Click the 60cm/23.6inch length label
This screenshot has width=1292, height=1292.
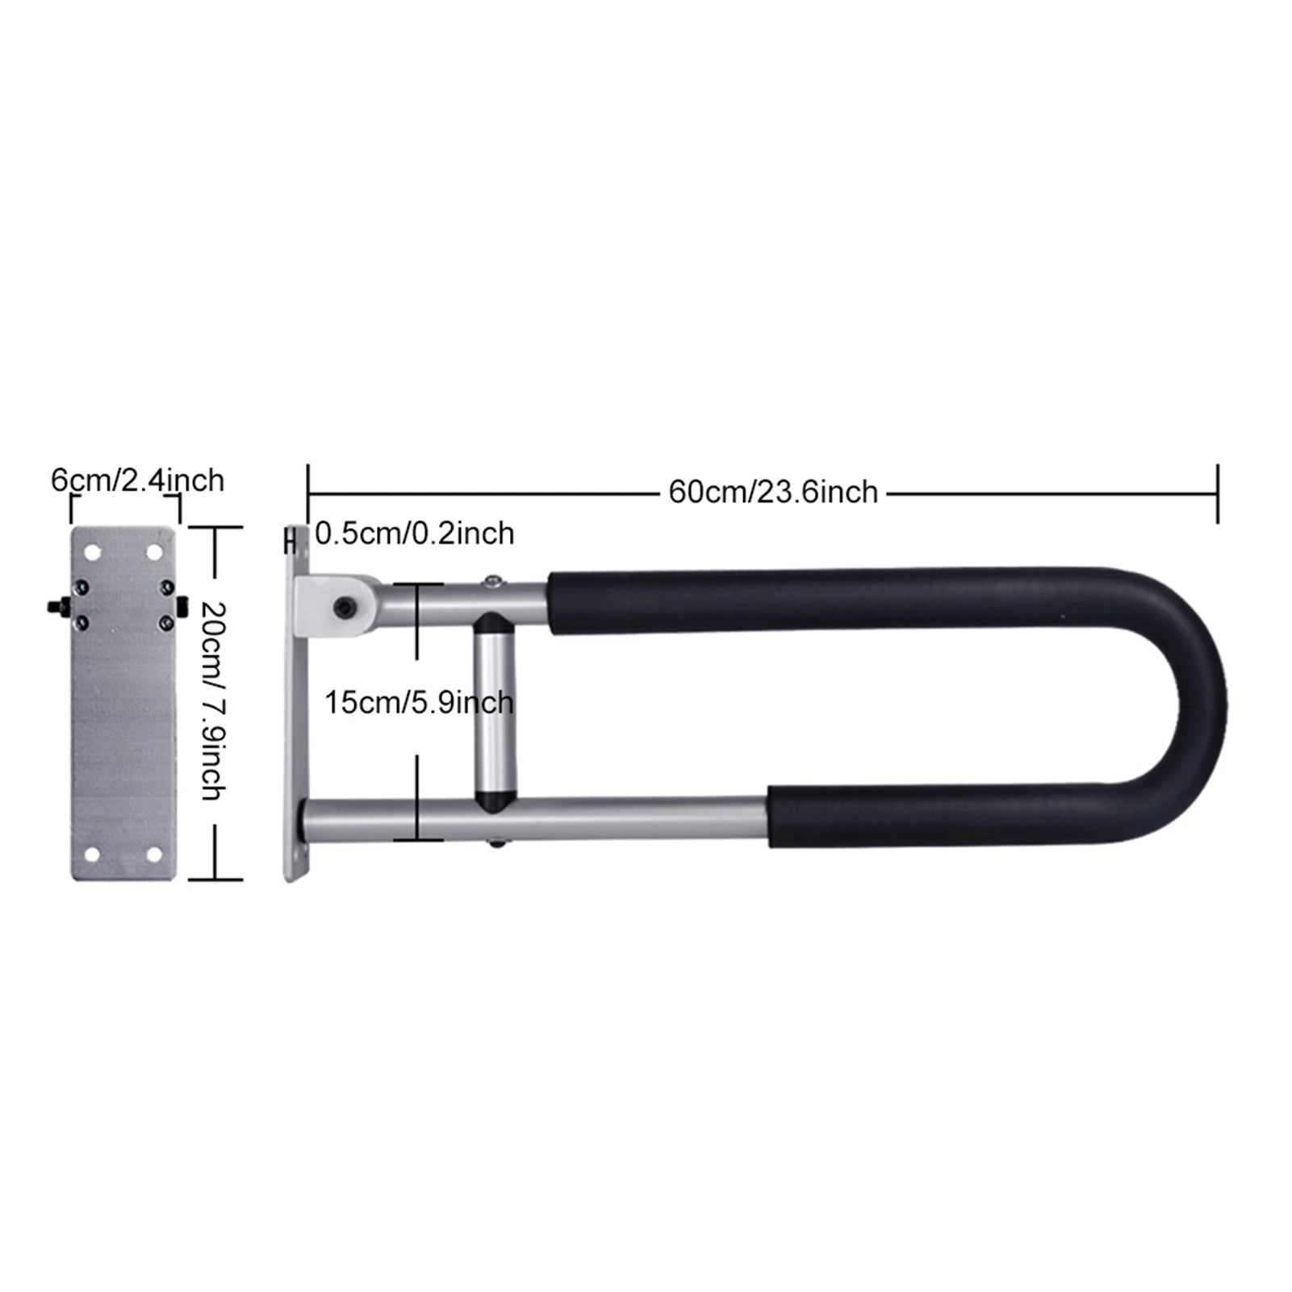[x=772, y=491]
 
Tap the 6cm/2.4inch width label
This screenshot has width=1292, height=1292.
[x=137, y=480]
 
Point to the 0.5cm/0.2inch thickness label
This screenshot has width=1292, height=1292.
[x=414, y=533]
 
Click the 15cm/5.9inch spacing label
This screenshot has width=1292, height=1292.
[x=419, y=703]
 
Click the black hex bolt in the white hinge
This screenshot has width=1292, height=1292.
[x=345, y=604]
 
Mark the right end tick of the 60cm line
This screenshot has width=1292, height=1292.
[x=1217, y=492]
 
